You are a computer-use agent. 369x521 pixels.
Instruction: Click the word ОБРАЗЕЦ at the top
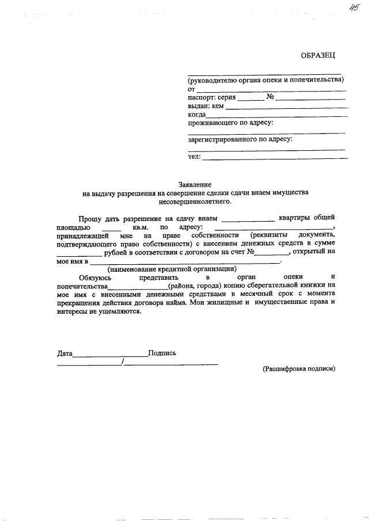point(317,55)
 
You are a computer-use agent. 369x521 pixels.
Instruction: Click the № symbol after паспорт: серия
point(271,97)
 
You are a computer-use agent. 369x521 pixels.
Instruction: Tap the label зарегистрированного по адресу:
point(240,139)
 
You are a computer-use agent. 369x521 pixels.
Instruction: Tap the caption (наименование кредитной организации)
point(172,269)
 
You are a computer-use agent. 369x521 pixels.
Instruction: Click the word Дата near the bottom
point(65,353)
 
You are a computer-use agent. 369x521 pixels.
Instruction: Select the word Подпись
point(162,353)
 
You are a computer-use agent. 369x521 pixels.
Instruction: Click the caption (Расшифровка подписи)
point(298,368)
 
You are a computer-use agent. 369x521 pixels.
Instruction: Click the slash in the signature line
point(123,362)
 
